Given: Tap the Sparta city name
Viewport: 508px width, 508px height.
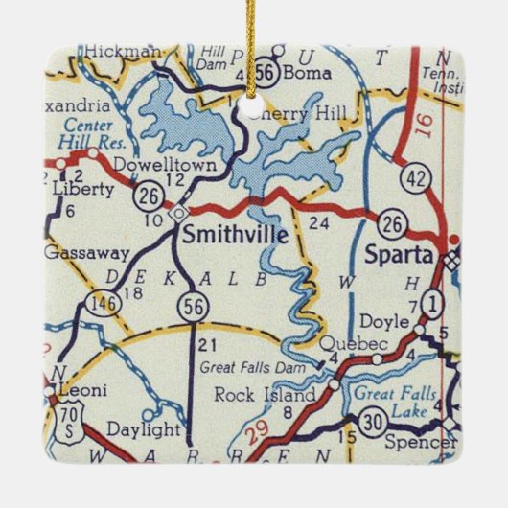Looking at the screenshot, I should point(398,255).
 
